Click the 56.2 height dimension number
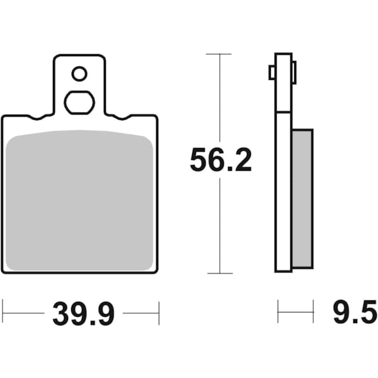coord(220,160)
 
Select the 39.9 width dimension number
coord(83,314)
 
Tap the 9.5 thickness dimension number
coord(355,312)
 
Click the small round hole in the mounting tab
coord(79,74)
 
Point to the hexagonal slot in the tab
coord(79,103)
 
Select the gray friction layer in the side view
coord(302,199)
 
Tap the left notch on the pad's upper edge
coord(37,118)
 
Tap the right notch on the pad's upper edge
coord(122,118)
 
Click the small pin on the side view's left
coord(272,72)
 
